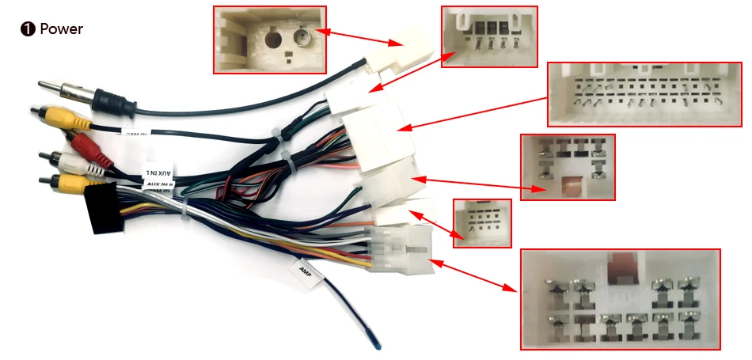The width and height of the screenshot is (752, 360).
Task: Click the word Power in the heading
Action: pyautogui.click(x=61, y=29)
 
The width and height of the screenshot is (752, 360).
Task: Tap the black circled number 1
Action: pyautogui.click(x=28, y=29)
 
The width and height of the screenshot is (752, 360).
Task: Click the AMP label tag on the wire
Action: pyautogui.click(x=306, y=273)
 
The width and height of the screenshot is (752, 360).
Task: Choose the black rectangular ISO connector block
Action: pyautogui.click(x=102, y=209)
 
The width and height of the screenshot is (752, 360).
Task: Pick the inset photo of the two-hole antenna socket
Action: pyautogui.click(x=269, y=40)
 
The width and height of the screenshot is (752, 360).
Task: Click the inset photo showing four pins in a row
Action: pyautogui.click(x=488, y=36)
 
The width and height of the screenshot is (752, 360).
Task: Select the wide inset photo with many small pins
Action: pyautogui.click(x=646, y=93)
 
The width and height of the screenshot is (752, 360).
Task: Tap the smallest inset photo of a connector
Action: pyautogui.click(x=481, y=222)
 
